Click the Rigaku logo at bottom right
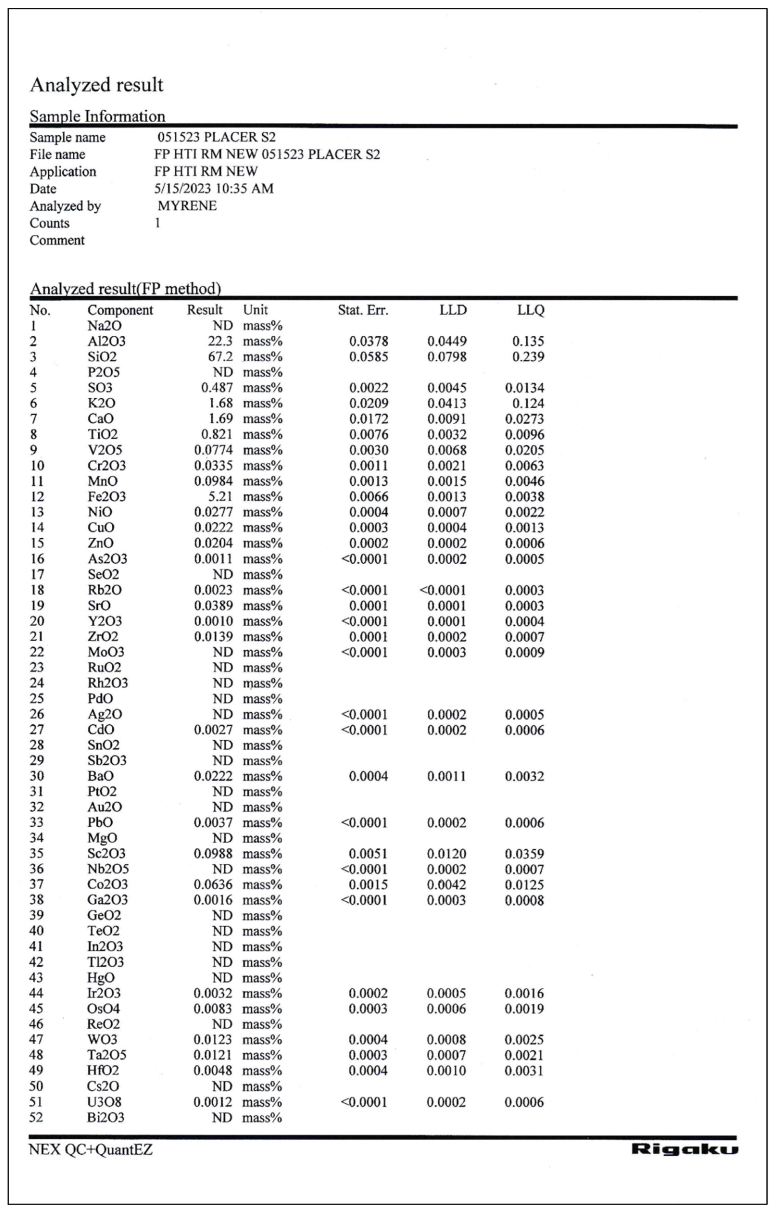[x=684, y=1149]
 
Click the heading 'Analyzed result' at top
[x=97, y=85]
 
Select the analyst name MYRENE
[x=187, y=206]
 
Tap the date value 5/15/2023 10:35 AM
[x=214, y=189]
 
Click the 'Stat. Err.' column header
[x=363, y=310]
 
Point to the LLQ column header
[x=530, y=310]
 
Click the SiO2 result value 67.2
[x=220, y=357]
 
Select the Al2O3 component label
[x=106, y=341]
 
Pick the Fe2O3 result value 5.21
[x=220, y=497]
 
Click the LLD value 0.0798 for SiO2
[x=447, y=357]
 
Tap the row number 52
[x=36, y=1117]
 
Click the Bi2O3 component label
[x=105, y=1117]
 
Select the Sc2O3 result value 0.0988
[x=213, y=854]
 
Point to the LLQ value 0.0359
[x=525, y=854]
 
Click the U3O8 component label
[x=104, y=1102]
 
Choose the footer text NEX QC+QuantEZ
[x=91, y=1150]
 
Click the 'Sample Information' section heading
[x=97, y=116]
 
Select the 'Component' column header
[x=120, y=310]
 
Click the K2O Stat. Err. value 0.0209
[x=369, y=403]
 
